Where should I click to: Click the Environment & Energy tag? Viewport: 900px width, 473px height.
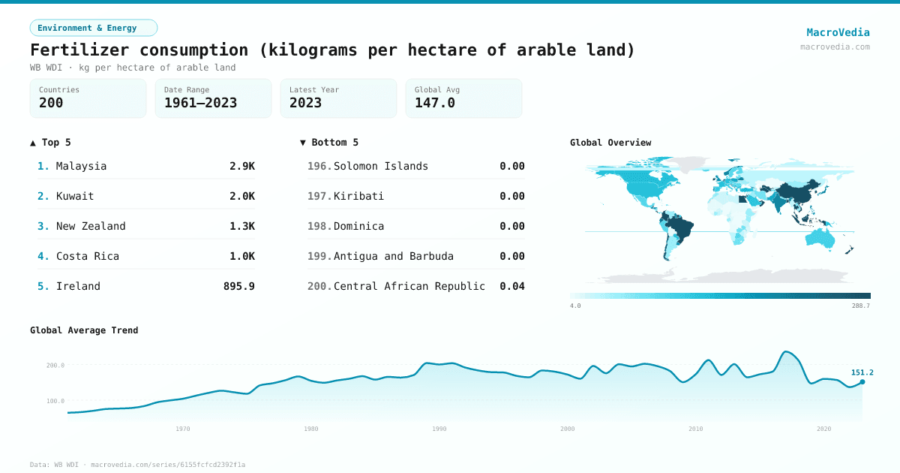[93, 28]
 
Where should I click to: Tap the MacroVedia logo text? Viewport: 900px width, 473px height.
[838, 32]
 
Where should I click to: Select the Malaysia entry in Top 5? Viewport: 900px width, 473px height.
[81, 166]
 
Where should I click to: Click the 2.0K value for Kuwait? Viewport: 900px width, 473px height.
[241, 196]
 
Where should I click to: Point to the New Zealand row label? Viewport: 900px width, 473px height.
[91, 226]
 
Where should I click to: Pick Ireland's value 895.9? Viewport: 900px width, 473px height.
[238, 286]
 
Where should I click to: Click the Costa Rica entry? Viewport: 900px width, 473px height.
[87, 256]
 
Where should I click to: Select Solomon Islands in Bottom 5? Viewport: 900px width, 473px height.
[380, 166]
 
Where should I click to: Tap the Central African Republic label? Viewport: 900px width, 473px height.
[409, 286]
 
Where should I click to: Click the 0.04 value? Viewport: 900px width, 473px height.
[511, 286]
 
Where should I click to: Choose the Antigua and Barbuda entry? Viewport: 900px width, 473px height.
[393, 256]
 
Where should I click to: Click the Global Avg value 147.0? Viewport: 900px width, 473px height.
[434, 103]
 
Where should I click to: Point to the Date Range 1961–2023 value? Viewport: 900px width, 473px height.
[200, 103]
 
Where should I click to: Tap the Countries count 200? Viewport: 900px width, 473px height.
[51, 103]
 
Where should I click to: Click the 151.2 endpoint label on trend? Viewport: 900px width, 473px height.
[862, 372]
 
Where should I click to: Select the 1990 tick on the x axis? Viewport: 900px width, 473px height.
[439, 429]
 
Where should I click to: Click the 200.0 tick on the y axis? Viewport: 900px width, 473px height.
[55, 366]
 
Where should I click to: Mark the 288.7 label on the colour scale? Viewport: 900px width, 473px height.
[861, 306]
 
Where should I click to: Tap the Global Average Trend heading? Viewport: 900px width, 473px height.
[84, 330]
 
